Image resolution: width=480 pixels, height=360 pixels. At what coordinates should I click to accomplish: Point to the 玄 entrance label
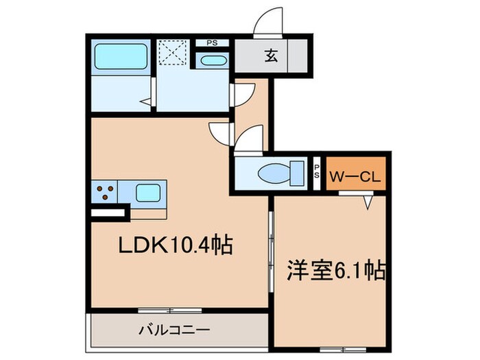coord(271,57)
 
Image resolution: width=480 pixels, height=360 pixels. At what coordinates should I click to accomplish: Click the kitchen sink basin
coord(148,193)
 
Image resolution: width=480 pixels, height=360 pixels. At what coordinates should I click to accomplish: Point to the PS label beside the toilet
coord(316,169)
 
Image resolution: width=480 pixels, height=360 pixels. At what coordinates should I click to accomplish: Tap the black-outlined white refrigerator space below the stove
coord(109,213)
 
